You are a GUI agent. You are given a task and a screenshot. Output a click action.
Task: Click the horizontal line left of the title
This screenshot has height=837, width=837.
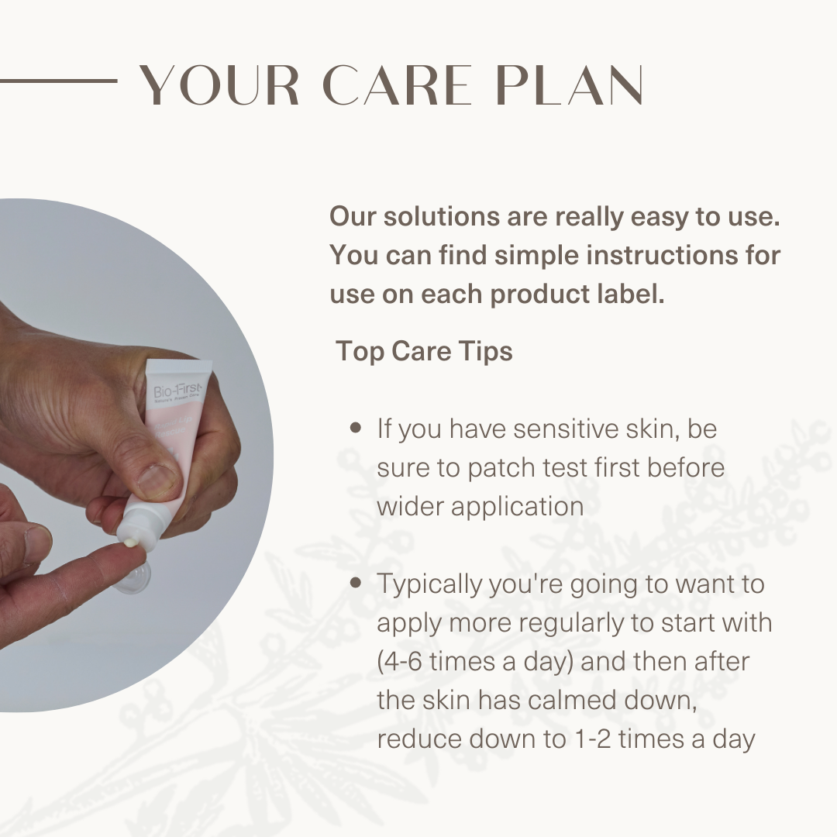58,80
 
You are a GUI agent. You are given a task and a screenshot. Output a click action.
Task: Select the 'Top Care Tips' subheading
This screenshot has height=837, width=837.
424,351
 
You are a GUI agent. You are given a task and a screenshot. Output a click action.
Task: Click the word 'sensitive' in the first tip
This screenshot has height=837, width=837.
570,429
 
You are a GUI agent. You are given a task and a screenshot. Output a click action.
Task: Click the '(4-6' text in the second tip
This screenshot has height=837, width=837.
401,661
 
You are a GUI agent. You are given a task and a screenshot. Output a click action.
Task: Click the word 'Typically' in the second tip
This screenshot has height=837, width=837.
429,585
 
